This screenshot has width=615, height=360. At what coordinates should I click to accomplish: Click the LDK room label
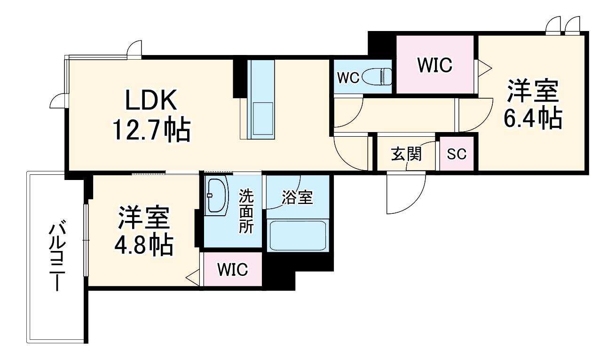click(x=151, y=100)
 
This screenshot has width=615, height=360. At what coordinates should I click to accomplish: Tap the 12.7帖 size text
click(x=151, y=130)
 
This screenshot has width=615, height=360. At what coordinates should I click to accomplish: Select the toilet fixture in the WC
click(x=377, y=77)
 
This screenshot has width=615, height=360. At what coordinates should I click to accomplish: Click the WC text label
click(x=348, y=78)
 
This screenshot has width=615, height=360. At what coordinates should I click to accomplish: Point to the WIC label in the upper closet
click(x=434, y=65)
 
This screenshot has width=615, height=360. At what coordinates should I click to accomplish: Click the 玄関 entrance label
click(x=406, y=154)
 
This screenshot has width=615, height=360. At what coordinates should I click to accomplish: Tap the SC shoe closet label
click(x=456, y=154)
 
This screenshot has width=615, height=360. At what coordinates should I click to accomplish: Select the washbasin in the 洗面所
click(x=217, y=195)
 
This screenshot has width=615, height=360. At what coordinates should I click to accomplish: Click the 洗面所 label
click(x=246, y=211)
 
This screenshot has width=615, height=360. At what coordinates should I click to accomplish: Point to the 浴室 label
click(x=297, y=197)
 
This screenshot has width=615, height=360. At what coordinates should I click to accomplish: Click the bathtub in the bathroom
click(x=298, y=235)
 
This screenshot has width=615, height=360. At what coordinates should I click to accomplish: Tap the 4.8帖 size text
click(x=143, y=244)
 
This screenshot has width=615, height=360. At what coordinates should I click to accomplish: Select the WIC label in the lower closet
click(x=233, y=270)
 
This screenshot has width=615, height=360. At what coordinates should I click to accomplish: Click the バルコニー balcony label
click(x=57, y=255)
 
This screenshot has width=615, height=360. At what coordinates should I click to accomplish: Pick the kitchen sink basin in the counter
click(x=263, y=119)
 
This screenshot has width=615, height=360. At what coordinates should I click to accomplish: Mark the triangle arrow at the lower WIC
click(x=193, y=278)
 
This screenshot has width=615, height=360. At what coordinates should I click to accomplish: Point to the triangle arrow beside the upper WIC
click(x=485, y=68)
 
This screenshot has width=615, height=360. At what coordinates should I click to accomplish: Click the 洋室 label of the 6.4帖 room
click(x=533, y=91)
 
